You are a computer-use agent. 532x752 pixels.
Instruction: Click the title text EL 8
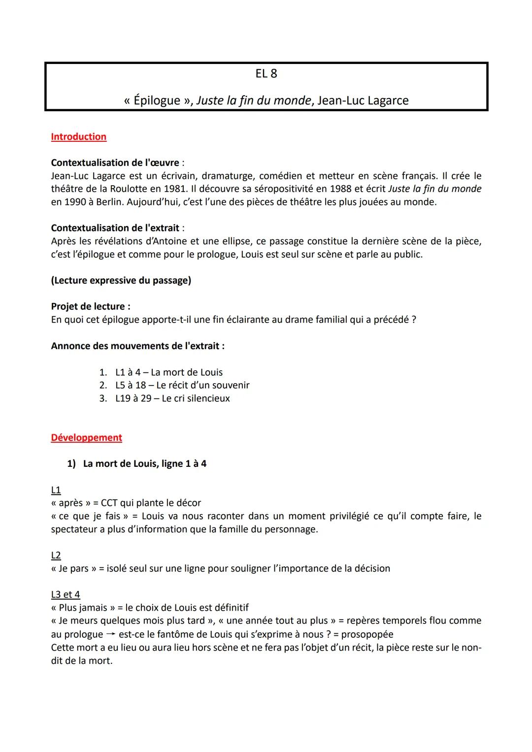(266, 74)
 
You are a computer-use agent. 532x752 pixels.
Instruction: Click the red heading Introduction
(78, 137)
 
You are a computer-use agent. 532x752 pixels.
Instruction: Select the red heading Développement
(86, 438)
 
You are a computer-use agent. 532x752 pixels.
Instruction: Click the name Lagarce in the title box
(387, 100)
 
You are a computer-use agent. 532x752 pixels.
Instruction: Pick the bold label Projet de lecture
(90, 306)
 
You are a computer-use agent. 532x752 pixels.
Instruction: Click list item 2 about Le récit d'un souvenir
(182, 385)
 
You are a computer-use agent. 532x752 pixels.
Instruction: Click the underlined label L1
(56, 490)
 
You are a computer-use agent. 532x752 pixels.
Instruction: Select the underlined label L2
(56, 556)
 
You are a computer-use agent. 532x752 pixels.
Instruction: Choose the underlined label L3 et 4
(65, 594)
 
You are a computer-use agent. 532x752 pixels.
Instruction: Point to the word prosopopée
(367, 634)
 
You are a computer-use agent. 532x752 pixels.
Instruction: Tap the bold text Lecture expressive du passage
(121, 280)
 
